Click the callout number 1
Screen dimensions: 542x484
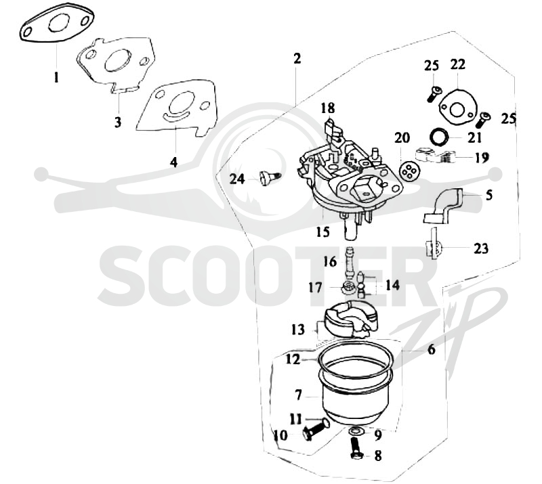point(56,77)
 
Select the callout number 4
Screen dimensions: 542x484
point(173,162)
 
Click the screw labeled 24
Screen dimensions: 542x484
point(270,177)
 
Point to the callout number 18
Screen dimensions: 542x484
point(328,108)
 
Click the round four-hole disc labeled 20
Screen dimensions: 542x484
point(408,171)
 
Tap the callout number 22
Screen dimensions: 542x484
point(458,64)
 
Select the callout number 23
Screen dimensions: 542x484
point(481,248)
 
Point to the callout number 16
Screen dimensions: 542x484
point(330,261)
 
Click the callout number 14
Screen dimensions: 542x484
point(393,285)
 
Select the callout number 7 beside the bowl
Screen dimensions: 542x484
point(299,395)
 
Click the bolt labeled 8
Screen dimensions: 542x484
point(355,448)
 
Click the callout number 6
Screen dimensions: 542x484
point(432,349)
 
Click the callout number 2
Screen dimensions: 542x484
point(297,58)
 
